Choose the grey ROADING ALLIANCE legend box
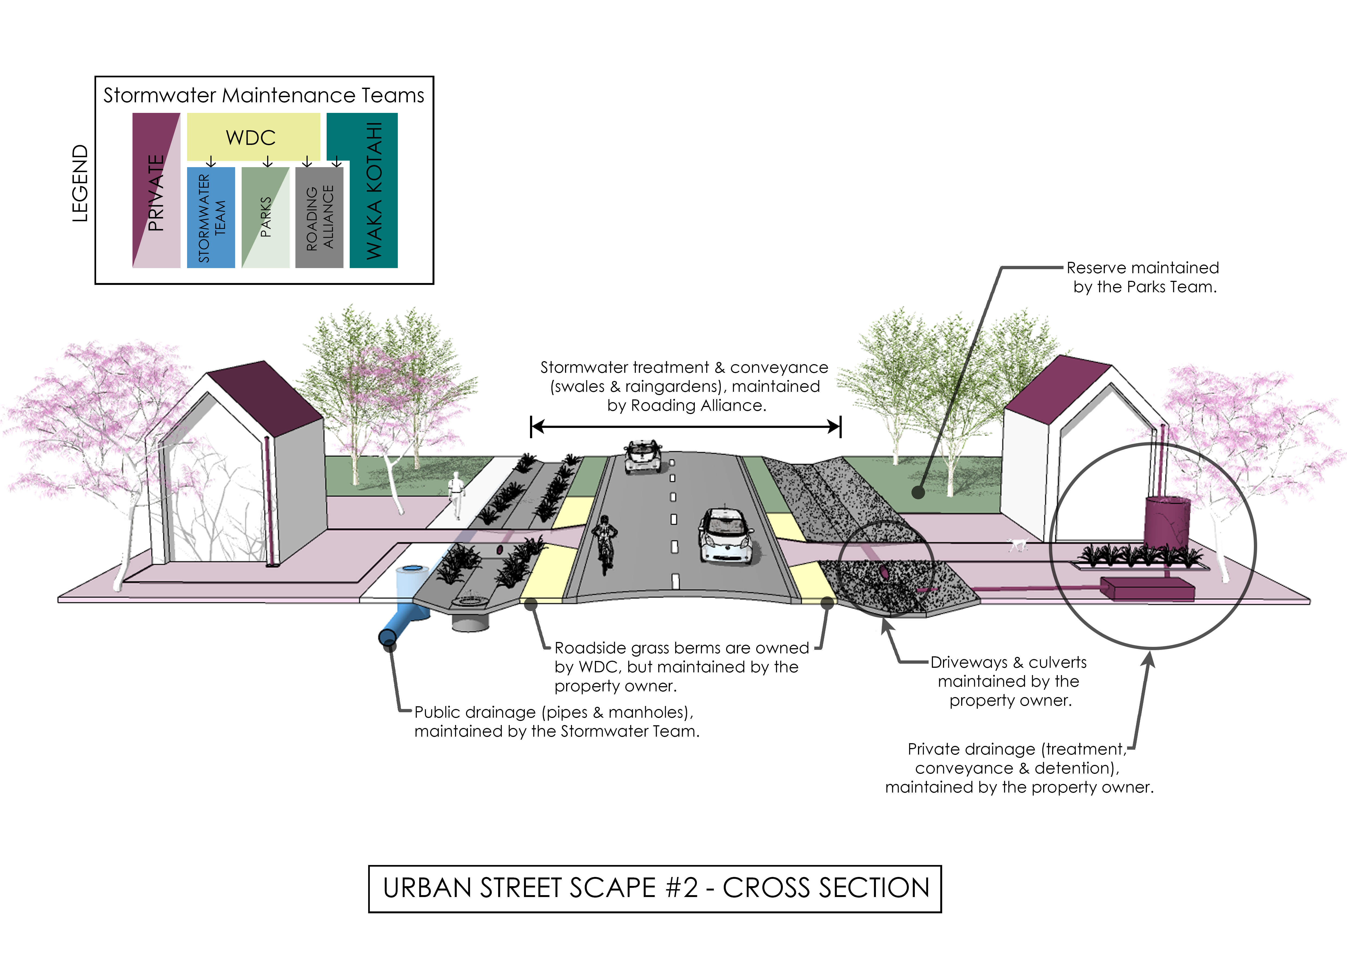pos(319,217)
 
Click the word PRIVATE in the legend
pos(156,193)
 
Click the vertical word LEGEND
pos(80,183)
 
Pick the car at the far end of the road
pos(642,456)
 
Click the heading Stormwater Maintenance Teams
pos(264,95)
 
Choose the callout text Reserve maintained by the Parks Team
pos(1143,277)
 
